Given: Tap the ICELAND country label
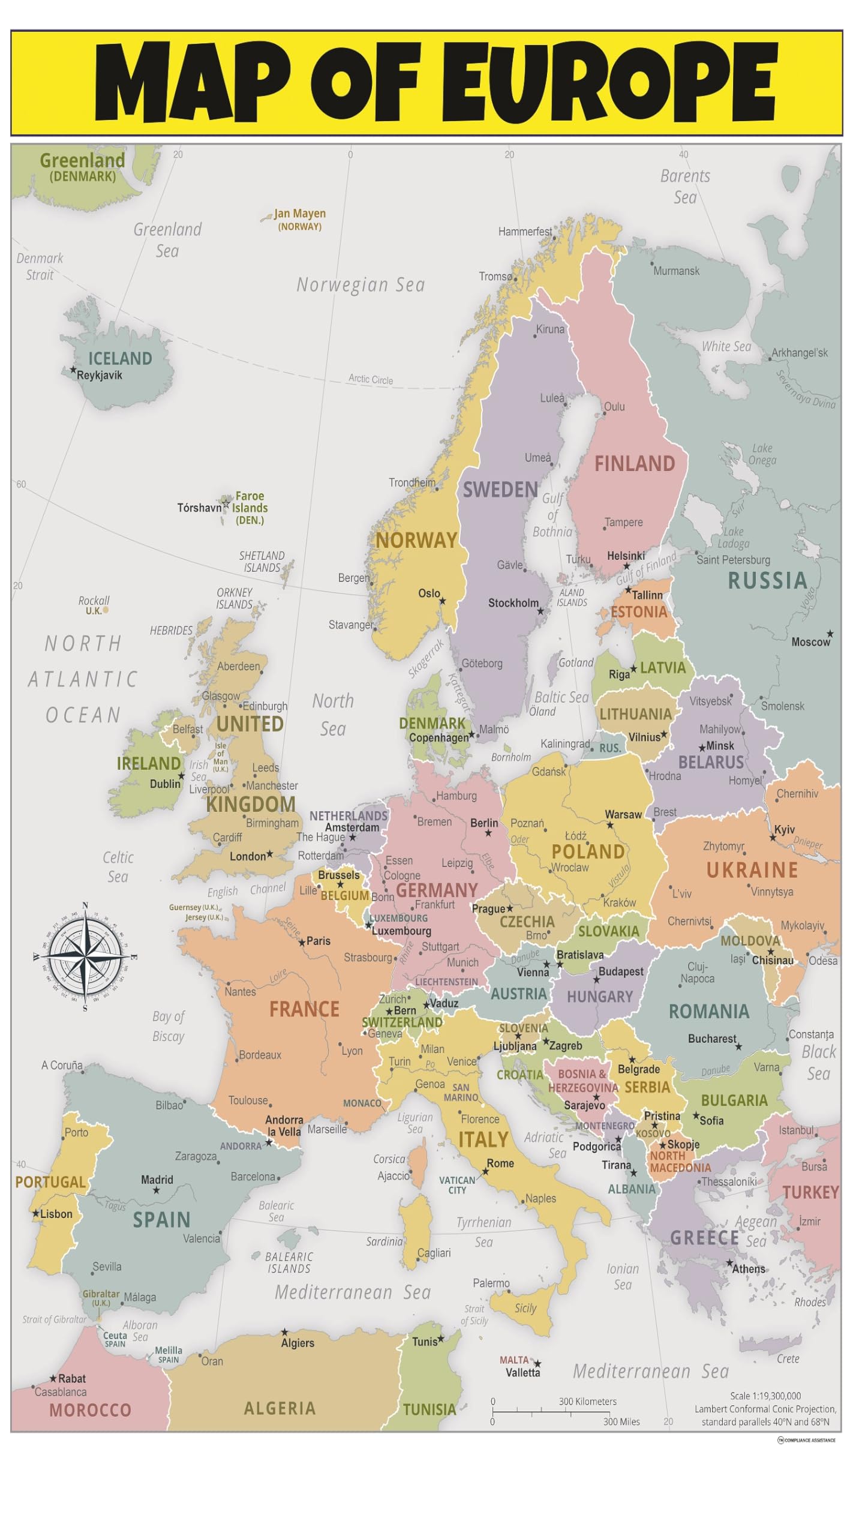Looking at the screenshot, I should point(120,358).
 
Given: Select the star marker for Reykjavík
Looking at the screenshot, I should point(74,370).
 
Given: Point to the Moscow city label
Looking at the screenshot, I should point(810,642).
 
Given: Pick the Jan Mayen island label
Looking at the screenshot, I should point(299,214).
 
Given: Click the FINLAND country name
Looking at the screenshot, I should point(634,464).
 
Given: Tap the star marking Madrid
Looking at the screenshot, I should point(157,1190).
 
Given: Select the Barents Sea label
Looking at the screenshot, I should point(685,187).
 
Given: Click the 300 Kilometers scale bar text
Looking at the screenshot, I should point(587,1402).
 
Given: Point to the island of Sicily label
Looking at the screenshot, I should point(525,1309).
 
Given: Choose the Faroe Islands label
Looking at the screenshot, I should point(250,502).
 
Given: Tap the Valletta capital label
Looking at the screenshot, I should point(522,1373).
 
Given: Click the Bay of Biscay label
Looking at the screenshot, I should point(168,1026).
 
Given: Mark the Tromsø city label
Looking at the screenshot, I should point(495,277).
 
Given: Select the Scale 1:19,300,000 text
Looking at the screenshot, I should point(765,1396).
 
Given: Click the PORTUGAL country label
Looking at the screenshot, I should point(50,1182).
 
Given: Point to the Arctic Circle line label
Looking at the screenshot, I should point(371,379).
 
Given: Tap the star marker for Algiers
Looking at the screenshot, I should point(285,1332).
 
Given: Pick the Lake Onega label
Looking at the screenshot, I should point(762,454).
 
